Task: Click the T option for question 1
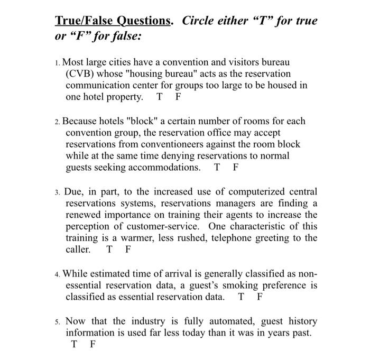(160, 97)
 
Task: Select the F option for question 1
(178, 97)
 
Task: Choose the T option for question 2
(217, 168)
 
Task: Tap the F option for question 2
(236, 168)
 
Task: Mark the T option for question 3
(109, 250)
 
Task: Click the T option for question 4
(242, 297)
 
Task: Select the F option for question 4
(260, 297)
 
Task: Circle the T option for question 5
(74, 345)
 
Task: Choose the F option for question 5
(93, 345)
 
